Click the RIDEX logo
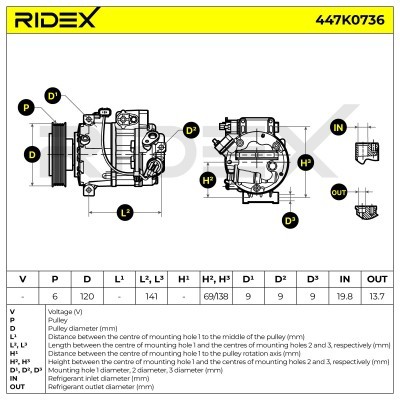coord(65,20)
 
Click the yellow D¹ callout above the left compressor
coord(81,96)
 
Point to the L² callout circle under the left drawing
coord(125,212)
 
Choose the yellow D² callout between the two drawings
coord(191,130)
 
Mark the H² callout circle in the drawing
coord(208,180)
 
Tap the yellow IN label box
coord(338,128)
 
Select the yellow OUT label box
coord(338,192)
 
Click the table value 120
coord(87,296)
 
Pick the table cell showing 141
coord(151,296)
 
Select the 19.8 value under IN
coord(344,296)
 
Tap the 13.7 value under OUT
coord(376,296)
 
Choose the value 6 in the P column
coord(55,296)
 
